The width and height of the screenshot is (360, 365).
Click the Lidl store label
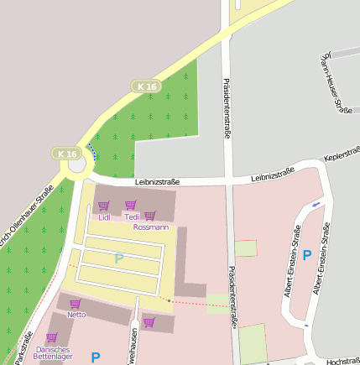click(104, 217)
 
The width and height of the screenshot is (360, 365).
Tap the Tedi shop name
click(132, 217)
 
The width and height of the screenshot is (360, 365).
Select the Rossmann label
click(151, 227)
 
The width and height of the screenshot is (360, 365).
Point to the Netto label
click(76, 315)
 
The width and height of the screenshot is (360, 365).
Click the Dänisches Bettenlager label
click(52, 352)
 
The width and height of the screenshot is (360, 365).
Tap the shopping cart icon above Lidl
click(104, 206)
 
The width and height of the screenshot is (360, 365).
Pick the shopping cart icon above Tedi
click(131, 206)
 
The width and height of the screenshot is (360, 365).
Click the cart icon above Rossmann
click(150, 216)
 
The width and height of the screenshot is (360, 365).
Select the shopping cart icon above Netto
click(76, 304)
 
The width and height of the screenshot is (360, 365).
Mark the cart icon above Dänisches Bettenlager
click(51, 337)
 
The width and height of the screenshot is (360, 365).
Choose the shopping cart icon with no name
click(149, 321)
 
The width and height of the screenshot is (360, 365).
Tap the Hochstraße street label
click(342, 361)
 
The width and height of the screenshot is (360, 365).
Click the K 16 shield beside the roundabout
click(67, 154)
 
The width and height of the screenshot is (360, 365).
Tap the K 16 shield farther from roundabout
click(146, 86)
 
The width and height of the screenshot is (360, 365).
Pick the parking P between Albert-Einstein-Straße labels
click(307, 255)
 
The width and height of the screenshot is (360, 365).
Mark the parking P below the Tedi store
click(119, 259)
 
